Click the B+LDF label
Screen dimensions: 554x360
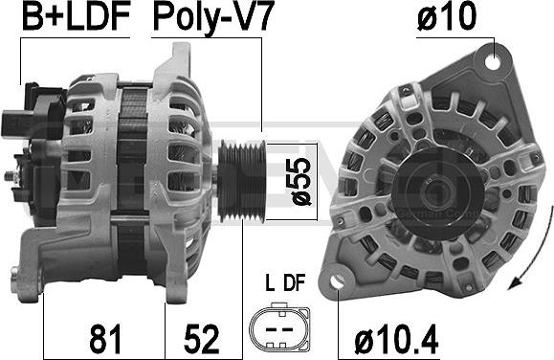click(76, 16)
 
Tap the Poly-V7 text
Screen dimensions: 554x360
click(213, 18)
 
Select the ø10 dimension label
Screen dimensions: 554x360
click(447, 16)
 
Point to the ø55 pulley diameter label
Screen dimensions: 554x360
click(302, 181)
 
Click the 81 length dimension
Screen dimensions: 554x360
click(105, 338)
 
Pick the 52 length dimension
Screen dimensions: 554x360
click(201, 338)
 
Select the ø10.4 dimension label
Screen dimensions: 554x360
click(396, 338)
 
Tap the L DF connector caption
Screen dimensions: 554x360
click(285, 282)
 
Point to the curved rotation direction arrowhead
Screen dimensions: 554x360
click(515, 282)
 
